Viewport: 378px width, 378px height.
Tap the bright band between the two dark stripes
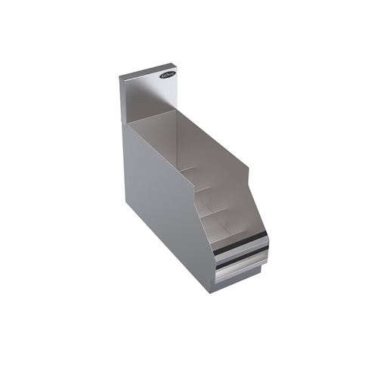[240, 256]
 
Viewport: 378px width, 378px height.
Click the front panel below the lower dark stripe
[240, 273]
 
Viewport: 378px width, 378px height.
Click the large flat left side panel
[163, 204]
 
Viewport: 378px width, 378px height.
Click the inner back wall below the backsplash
[155, 129]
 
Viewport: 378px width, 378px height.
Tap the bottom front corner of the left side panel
[212, 291]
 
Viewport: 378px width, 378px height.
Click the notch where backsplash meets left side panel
[124, 122]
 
